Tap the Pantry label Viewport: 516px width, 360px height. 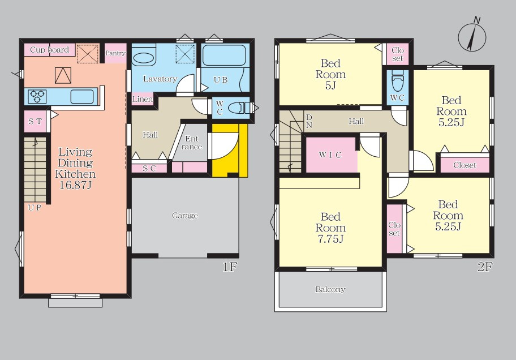(115, 53)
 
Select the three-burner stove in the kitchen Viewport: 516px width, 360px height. (37, 96)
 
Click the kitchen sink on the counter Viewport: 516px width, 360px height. (82, 97)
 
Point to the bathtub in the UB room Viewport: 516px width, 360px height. (224, 55)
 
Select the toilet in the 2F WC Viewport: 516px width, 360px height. (397, 82)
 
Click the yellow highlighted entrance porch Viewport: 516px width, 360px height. (230, 150)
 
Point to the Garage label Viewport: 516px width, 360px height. (185, 216)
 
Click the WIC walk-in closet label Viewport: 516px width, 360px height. (330, 155)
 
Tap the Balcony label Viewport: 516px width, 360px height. (330, 289)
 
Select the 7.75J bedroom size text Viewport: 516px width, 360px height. (330, 239)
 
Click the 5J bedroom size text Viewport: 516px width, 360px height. (330, 85)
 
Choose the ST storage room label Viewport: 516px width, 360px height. (35, 121)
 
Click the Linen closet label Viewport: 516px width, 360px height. (142, 99)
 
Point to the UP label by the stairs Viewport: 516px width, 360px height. (35, 208)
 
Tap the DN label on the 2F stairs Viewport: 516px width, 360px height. (309, 121)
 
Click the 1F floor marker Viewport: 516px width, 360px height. (230, 267)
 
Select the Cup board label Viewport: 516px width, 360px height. (49, 50)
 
